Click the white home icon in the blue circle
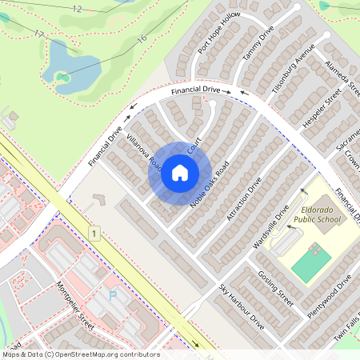click(180, 172)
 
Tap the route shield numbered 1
click(94, 233)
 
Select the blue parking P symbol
click(112, 295)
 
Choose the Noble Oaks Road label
click(210, 184)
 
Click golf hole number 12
click(77, 8)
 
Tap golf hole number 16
click(142, 38)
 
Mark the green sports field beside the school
click(311, 262)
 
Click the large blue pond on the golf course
click(76, 64)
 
